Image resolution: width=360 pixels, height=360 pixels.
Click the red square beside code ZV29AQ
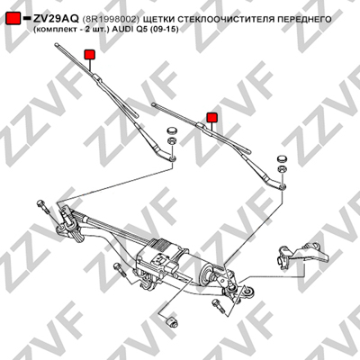click(x=13, y=19)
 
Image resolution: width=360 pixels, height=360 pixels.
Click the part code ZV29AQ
click(x=56, y=19)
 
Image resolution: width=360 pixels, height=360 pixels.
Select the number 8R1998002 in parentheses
click(x=111, y=19)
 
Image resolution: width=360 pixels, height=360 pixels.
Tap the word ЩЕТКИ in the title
click(x=157, y=19)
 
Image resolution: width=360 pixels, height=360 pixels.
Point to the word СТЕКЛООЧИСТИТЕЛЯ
click(x=225, y=19)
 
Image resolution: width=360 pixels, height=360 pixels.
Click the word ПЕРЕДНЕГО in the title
click(x=304, y=19)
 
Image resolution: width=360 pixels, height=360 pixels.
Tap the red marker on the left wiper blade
click(x=90, y=54)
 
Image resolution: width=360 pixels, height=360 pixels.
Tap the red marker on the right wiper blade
click(x=211, y=118)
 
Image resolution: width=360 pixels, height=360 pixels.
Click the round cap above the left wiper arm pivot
click(x=172, y=130)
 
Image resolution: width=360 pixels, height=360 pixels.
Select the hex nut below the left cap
click(x=172, y=140)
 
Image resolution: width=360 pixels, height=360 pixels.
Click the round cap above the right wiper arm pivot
click(x=282, y=158)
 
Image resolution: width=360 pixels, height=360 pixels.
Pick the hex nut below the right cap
click(x=282, y=168)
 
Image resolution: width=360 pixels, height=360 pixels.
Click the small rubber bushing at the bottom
click(x=171, y=321)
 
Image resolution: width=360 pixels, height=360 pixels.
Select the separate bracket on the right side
click(x=303, y=256)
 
